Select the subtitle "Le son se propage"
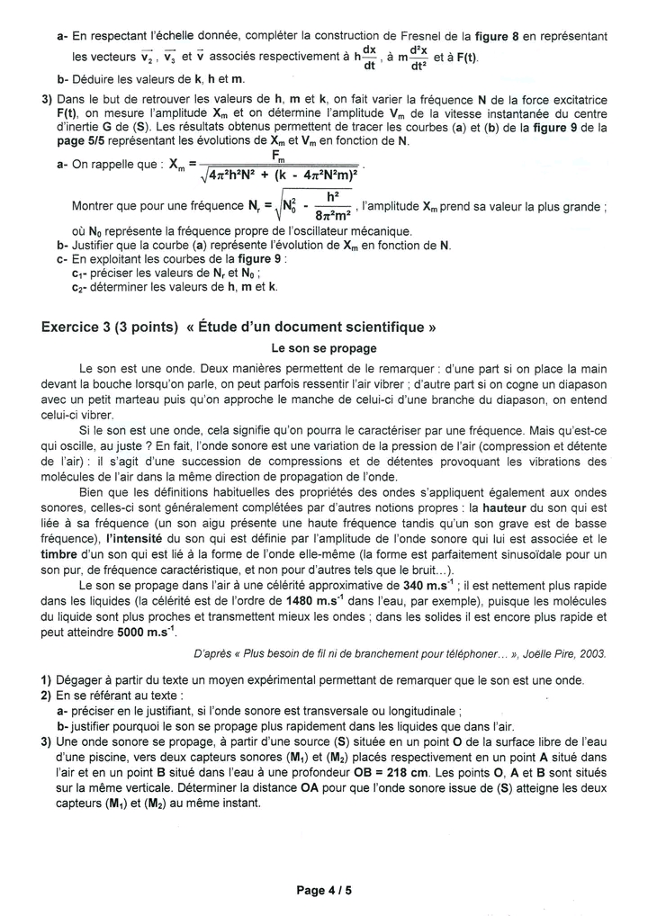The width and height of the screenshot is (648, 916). [324, 348]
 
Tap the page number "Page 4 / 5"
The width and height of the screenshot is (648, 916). [324, 891]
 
